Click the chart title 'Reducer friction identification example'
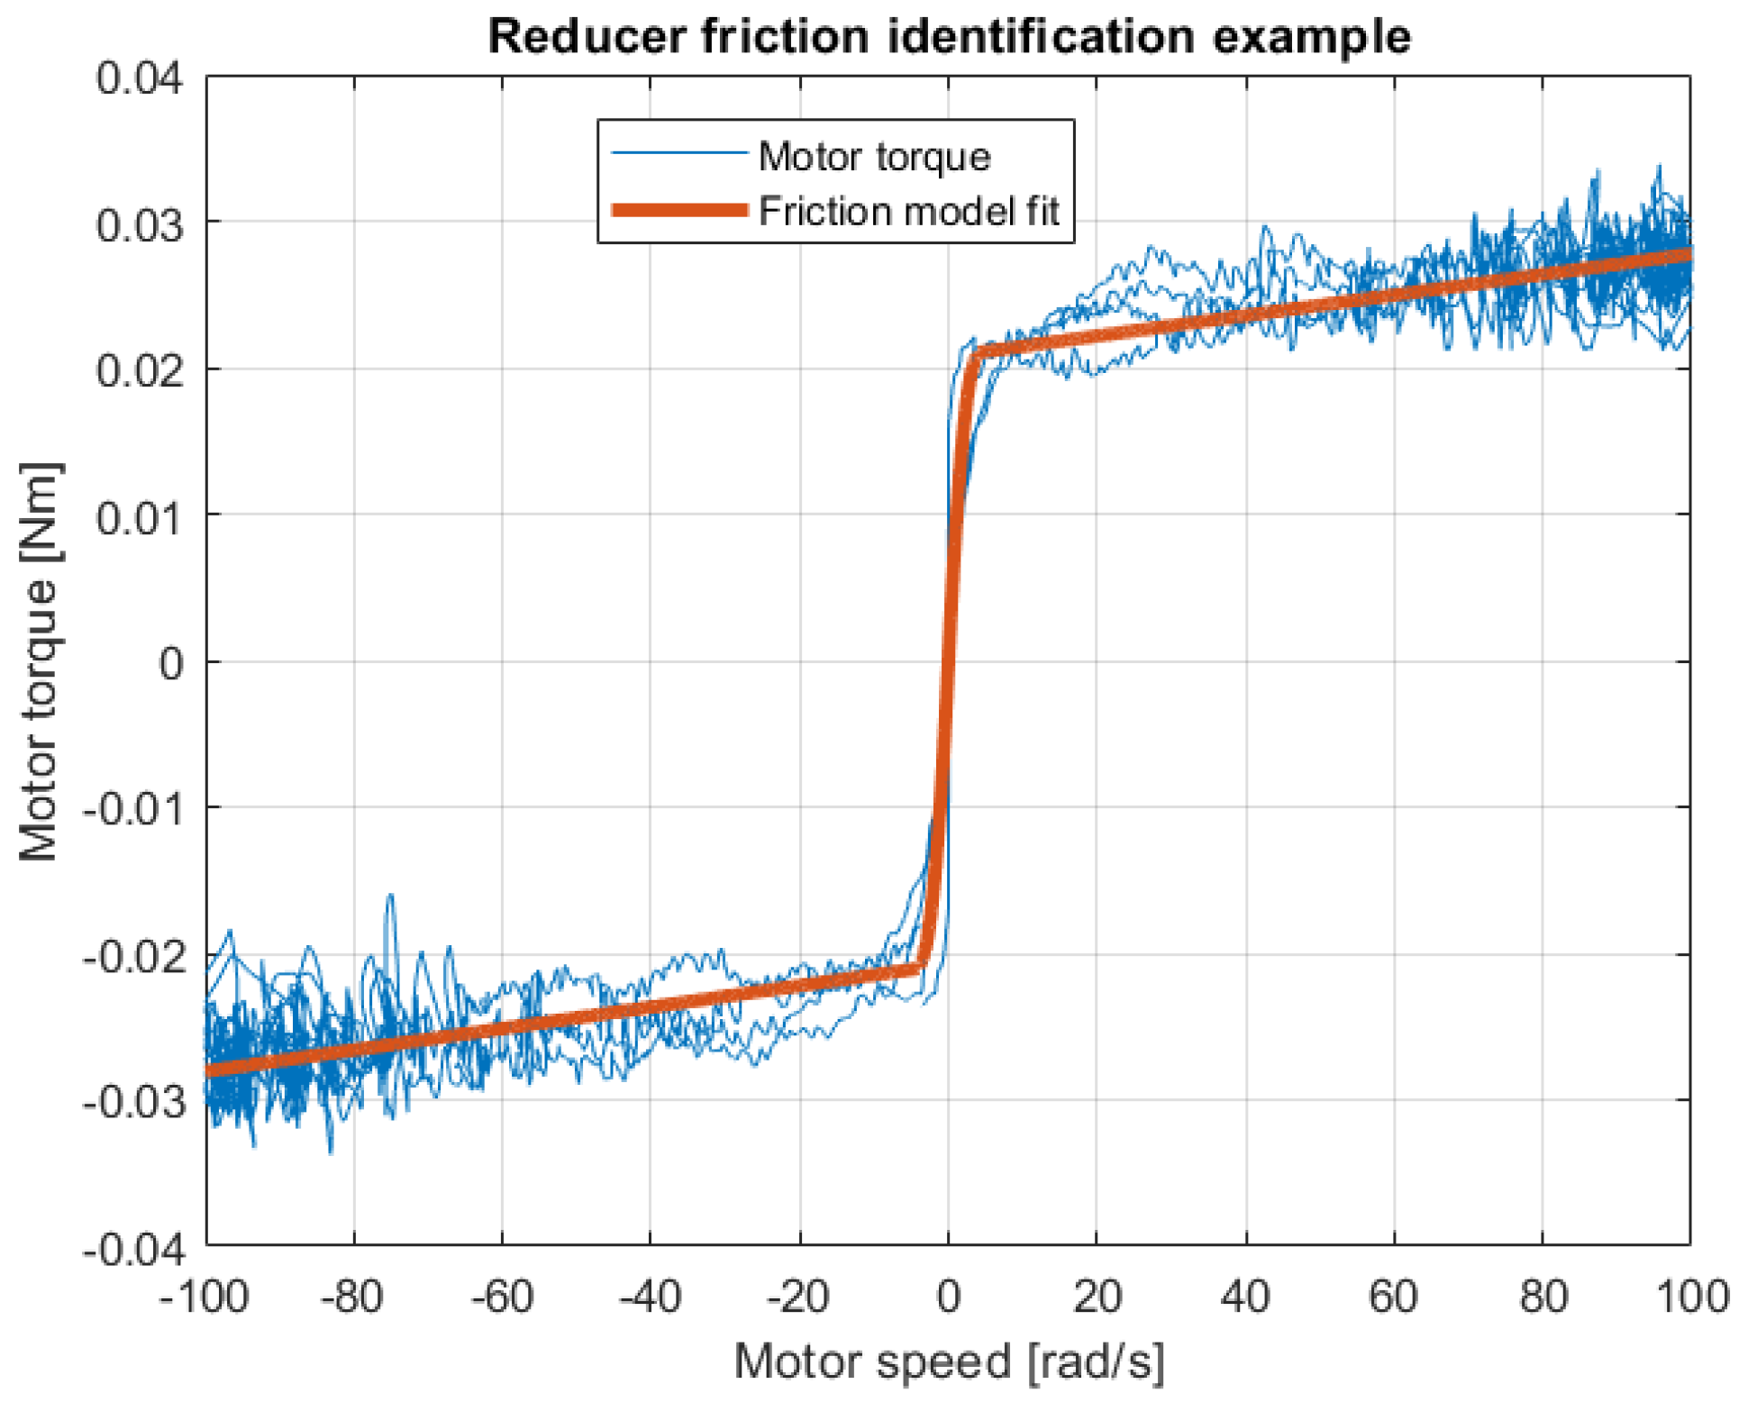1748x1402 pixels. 948,37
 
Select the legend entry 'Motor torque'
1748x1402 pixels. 874,157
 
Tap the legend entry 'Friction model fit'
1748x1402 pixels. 908,211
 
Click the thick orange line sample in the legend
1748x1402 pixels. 680,211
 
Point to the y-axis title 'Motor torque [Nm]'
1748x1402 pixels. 39,662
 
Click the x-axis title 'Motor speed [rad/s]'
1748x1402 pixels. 948,1361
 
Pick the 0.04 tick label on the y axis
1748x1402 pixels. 140,77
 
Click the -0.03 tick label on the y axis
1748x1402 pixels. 133,1102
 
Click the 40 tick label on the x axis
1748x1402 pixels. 1245,1297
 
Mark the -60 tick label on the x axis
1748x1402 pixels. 502,1297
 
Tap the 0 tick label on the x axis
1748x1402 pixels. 948,1297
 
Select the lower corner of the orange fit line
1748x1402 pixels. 920,970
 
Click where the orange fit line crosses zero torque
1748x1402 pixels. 948,662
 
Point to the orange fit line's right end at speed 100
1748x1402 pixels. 1689,255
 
